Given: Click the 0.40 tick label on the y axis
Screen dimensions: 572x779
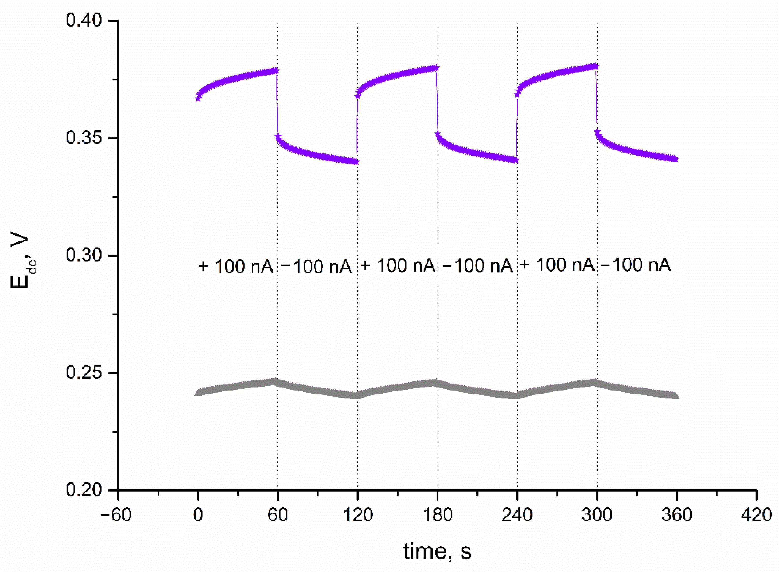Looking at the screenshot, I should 84,20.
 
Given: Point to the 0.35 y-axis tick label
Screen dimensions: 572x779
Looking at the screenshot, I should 84,138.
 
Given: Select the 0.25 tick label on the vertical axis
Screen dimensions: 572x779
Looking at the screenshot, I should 84,373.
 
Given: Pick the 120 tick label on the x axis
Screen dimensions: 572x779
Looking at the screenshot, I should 358,515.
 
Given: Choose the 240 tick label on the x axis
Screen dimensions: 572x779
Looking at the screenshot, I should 517,515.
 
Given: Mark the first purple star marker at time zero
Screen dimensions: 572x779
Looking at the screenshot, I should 198,99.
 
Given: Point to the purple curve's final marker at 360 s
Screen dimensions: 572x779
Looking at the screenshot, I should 675,159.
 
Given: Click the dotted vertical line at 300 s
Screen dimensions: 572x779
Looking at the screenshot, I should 597,277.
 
